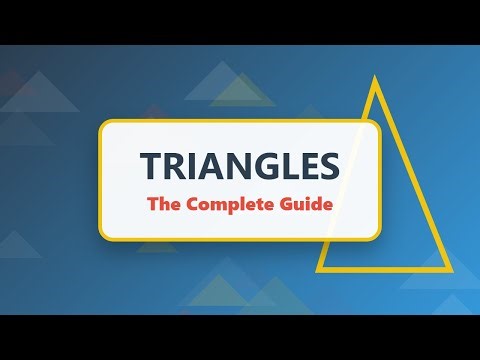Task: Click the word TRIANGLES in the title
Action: [239, 165]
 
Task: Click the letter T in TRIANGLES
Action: [149, 165]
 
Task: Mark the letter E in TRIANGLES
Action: [304, 165]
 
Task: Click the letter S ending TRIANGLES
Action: [326, 165]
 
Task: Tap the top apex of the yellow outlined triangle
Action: [375, 80]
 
